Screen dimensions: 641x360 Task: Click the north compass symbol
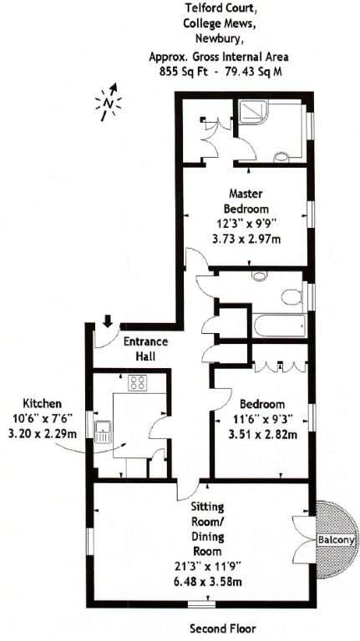pyautogui.click(x=109, y=102)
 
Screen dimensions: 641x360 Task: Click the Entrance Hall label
pyautogui.click(x=146, y=349)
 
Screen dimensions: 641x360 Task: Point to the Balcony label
pyautogui.click(x=336, y=540)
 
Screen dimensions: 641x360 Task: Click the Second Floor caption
pyautogui.click(x=222, y=628)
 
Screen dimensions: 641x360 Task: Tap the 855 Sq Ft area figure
pyautogui.click(x=175, y=72)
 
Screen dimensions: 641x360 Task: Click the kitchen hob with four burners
pyautogui.click(x=138, y=385)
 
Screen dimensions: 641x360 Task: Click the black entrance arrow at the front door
pyautogui.click(x=108, y=321)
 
